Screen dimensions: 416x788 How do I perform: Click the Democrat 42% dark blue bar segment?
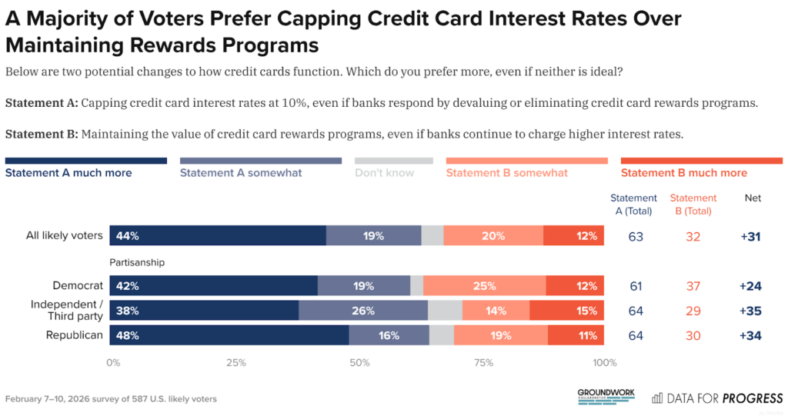(213, 286)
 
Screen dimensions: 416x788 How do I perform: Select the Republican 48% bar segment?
(229, 335)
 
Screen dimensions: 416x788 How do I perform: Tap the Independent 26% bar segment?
(362, 311)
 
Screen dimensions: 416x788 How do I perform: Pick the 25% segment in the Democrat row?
(485, 286)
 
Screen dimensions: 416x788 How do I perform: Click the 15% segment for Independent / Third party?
(566, 311)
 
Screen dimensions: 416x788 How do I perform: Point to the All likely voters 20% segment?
(493, 236)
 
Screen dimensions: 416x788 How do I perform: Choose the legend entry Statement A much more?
(68, 173)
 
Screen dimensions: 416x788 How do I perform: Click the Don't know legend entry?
(384, 173)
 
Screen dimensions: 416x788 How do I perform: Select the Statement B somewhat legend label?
(506, 173)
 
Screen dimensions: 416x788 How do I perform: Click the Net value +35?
(750, 311)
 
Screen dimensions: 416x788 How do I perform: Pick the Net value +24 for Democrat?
(750, 286)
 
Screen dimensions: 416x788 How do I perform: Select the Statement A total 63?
(636, 237)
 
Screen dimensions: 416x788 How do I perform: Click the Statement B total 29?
(693, 311)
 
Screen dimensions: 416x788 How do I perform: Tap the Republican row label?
(75, 335)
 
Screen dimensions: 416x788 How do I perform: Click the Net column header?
(753, 198)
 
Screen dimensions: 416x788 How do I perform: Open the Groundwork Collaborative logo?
(606, 396)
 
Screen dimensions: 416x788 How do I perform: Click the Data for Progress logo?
(717, 398)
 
